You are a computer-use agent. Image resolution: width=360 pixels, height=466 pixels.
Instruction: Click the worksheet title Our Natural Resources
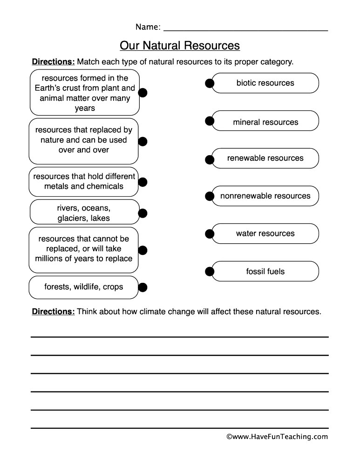coord(180,46)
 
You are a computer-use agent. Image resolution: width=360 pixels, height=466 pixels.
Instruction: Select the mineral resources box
coord(265,122)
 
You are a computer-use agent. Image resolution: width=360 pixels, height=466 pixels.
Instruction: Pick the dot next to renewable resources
coord(210,159)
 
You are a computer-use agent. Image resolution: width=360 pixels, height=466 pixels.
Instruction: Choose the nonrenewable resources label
coord(265,196)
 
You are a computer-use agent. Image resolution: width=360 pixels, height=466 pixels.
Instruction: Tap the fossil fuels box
coord(265,271)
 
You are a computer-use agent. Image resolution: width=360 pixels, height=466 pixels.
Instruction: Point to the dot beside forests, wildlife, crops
coord(143,287)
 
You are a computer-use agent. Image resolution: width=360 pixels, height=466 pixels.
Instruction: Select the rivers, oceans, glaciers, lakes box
coord(84,212)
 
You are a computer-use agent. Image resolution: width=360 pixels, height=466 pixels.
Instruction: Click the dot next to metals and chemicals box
coord(143,182)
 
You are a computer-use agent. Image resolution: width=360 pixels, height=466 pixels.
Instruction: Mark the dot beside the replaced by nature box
coord(143,141)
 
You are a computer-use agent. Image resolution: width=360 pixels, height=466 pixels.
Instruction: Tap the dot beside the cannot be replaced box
coord(143,250)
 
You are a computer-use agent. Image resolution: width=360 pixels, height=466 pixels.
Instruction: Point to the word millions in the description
coord(49,259)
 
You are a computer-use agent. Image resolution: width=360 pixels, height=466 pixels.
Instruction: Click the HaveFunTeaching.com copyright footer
coord(277,437)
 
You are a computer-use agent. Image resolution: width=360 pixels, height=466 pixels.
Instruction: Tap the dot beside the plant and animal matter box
coord(143,93)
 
